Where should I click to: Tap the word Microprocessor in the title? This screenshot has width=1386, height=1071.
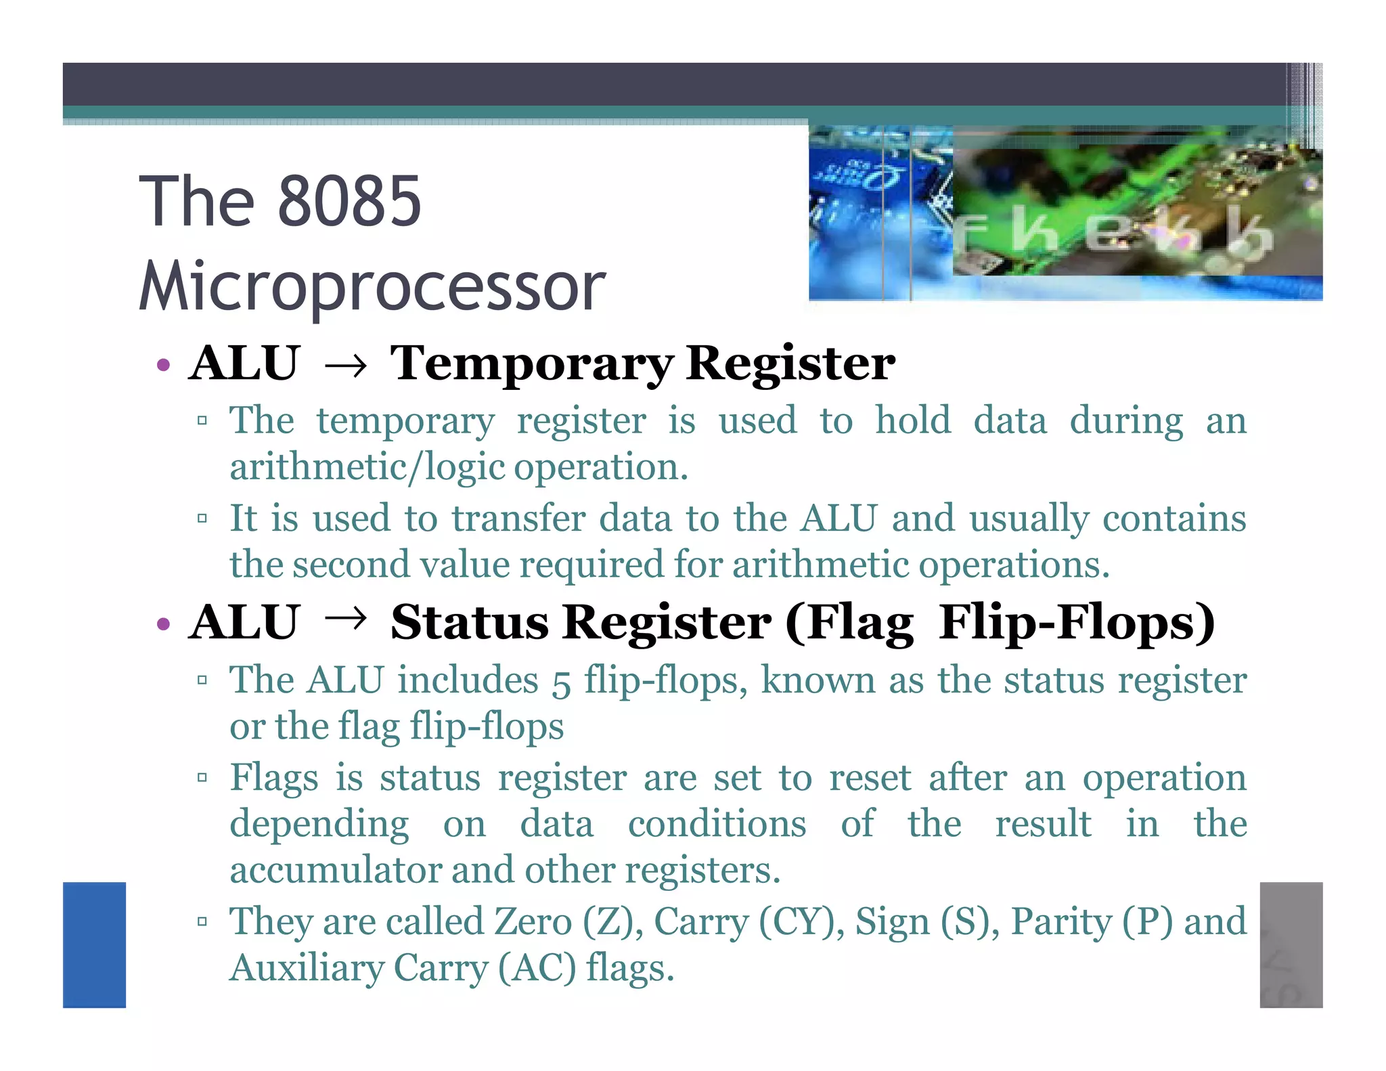point(372,286)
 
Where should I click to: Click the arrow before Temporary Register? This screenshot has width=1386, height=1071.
point(345,366)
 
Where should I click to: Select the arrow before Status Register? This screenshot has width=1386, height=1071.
point(345,617)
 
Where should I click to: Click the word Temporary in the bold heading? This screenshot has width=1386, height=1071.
point(531,364)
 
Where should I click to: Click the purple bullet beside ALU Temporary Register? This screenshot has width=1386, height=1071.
point(162,366)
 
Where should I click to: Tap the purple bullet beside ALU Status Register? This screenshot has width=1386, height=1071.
point(162,624)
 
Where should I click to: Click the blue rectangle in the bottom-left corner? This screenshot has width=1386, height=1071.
point(94,944)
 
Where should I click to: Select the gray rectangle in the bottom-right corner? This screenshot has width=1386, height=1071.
point(1291,944)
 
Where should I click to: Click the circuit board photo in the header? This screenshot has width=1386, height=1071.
point(1065,213)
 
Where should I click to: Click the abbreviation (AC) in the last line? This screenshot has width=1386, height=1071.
point(537,968)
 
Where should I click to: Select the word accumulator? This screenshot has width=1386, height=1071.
point(336,870)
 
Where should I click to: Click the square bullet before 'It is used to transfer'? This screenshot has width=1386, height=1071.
point(202,519)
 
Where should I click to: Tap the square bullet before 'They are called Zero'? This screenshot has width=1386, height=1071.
point(202,921)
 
